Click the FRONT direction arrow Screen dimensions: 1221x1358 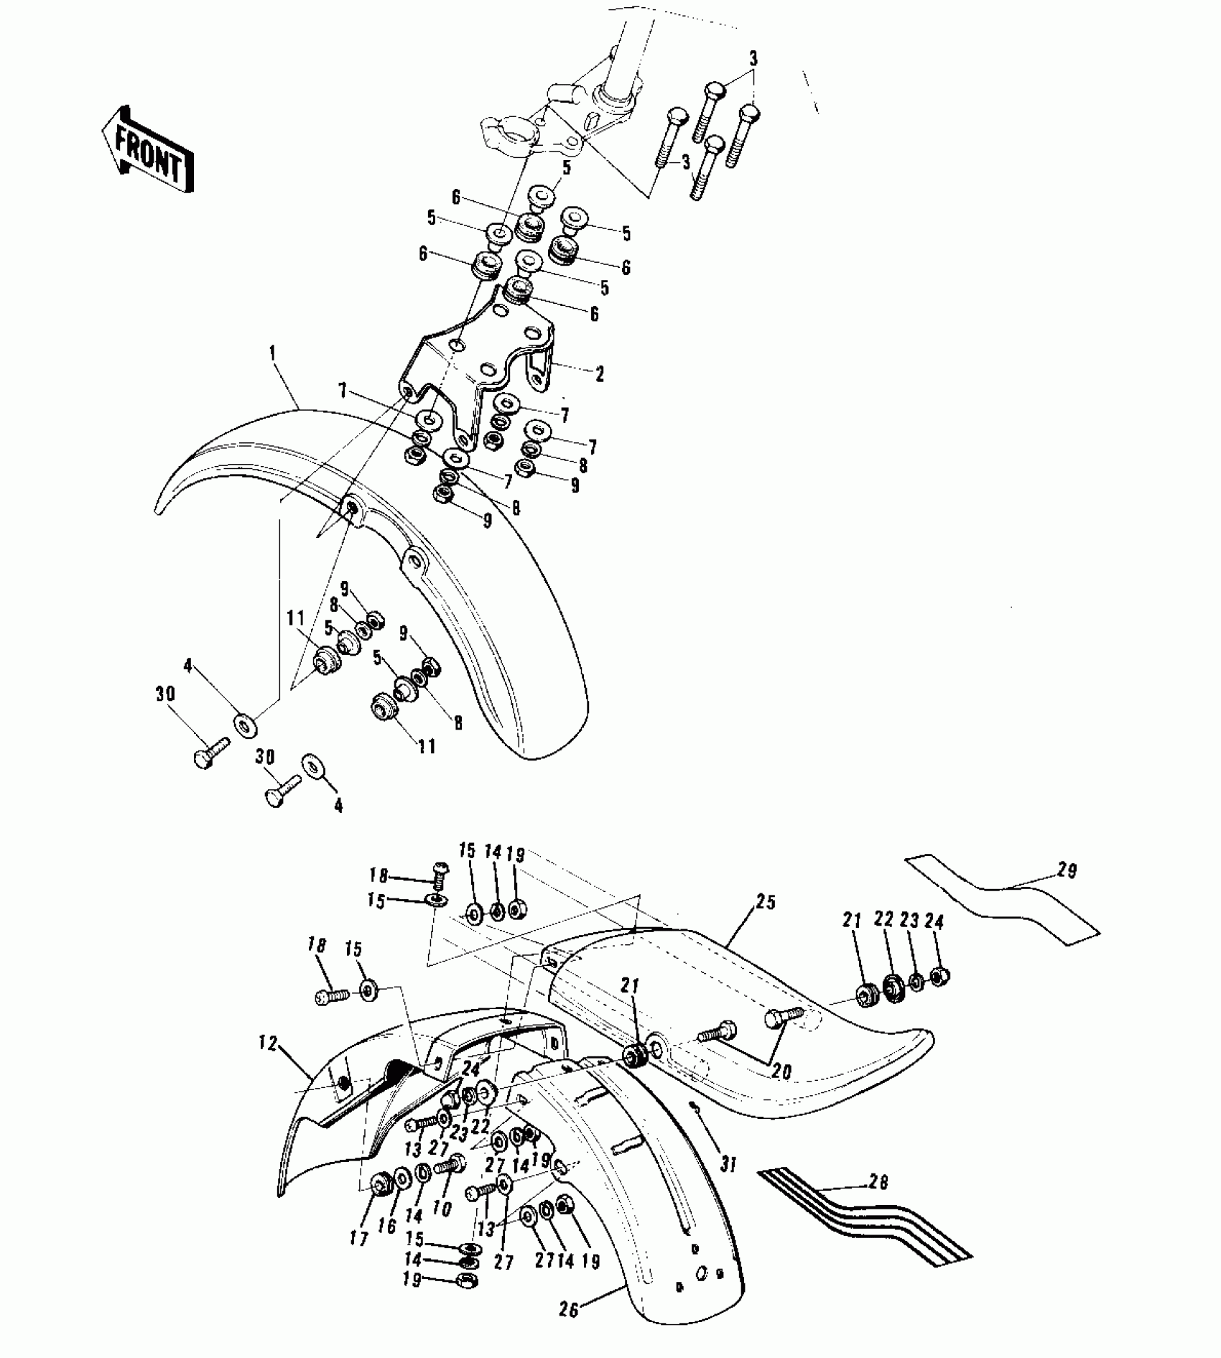coord(148,150)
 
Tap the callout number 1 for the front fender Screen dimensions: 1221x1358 coord(273,353)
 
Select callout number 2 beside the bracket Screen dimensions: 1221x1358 coord(600,373)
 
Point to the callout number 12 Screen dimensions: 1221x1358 coord(268,1044)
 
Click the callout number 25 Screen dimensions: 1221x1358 coord(766,903)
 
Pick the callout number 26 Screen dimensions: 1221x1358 coord(569,1309)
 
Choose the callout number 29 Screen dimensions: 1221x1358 coord(1067,871)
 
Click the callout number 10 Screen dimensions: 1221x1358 coord(442,1208)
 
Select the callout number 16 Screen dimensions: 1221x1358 coord(386,1225)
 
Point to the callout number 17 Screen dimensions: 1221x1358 coord(359,1238)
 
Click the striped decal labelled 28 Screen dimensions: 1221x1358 coord(862,1214)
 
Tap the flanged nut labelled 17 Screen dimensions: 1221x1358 coord(379,1184)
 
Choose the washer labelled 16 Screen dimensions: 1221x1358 coord(402,1178)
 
